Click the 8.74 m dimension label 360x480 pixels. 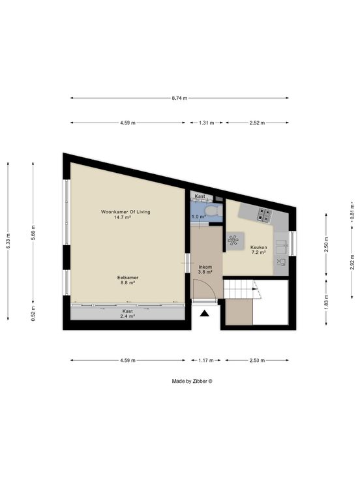[179, 98]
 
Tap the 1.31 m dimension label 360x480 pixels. [206, 123]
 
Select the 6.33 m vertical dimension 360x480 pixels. [8, 241]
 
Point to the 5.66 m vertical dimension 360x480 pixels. [33, 233]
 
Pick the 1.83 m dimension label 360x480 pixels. [326, 301]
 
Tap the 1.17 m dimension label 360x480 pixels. [205, 360]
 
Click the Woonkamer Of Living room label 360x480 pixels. [125, 212]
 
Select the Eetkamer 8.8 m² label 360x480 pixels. [128, 280]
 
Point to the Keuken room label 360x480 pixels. [259, 247]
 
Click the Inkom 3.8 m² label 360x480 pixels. [205, 269]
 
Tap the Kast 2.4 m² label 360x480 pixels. [128, 314]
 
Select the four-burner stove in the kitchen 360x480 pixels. [265, 215]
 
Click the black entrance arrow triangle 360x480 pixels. [205, 314]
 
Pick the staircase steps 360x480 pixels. [242, 289]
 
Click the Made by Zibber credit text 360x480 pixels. [192, 381]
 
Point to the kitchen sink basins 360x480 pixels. [281, 247]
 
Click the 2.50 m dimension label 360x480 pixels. [326, 244]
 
